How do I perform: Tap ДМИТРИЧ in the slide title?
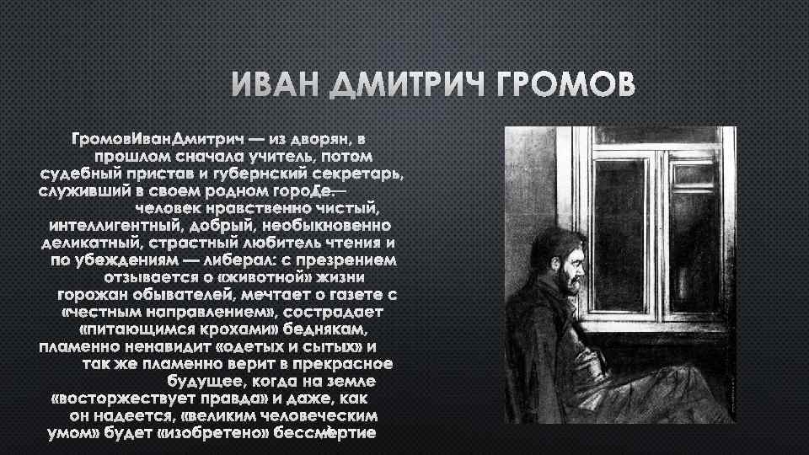click(413, 86)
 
